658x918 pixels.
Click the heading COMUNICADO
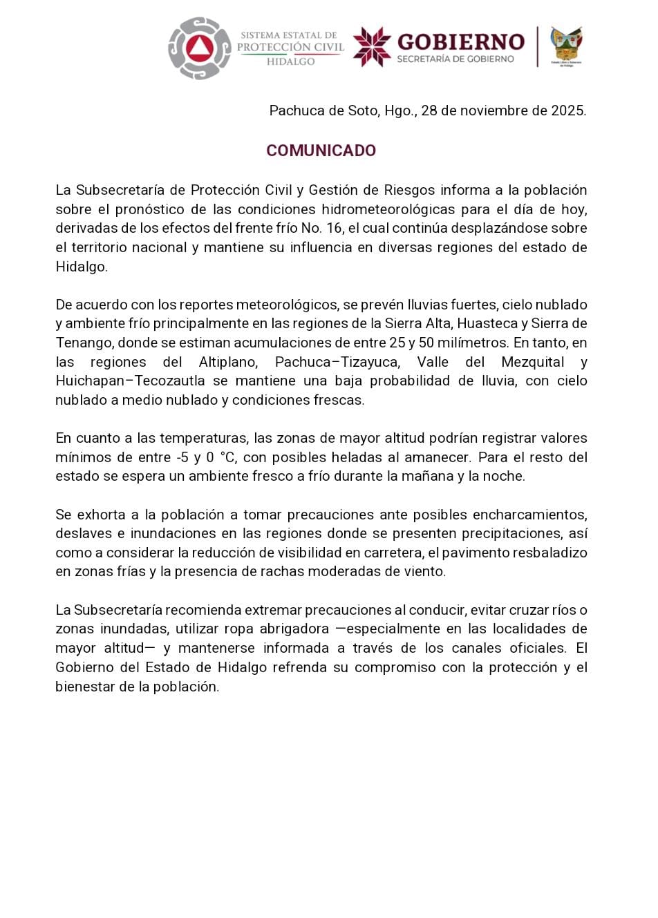click(321, 151)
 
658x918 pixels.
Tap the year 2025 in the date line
click(568, 111)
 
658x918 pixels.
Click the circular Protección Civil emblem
click(200, 48)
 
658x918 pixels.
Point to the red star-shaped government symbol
click(372, 47)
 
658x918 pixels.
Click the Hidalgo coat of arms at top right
click(566, 46)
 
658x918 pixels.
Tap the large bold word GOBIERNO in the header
click(460, 41)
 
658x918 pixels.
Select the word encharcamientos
click(529, 515)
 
